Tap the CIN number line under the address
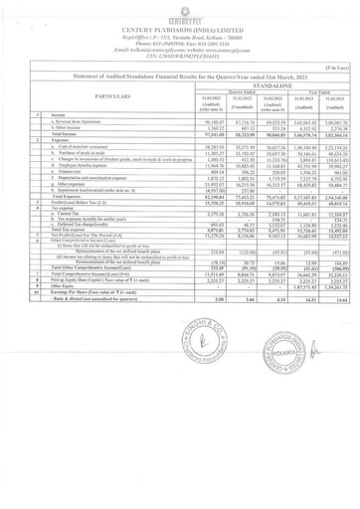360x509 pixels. [x=179, y=56]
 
